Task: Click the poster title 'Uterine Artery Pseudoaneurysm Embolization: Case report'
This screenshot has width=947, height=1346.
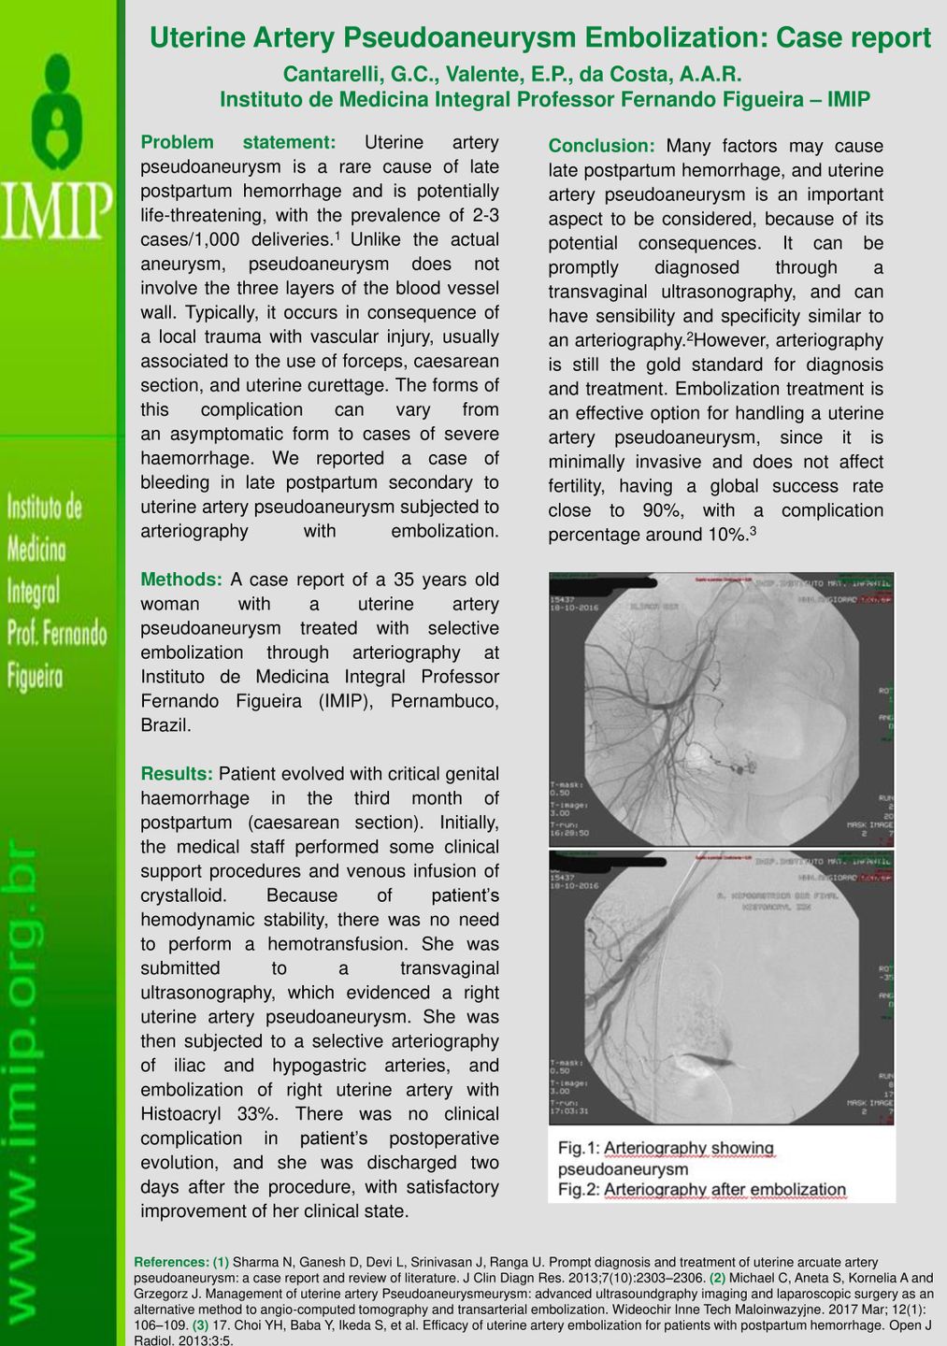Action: click(539, 37)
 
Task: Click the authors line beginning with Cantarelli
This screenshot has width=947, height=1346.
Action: click(512, 74)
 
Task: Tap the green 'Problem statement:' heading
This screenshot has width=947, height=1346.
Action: click(237, 142)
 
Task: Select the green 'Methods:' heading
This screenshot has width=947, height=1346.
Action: click(180, 580)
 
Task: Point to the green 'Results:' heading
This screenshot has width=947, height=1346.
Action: click(177, 774)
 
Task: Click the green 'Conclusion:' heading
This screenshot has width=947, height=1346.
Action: click(602, 146)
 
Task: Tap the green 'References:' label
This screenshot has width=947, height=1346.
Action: click(172, 1262)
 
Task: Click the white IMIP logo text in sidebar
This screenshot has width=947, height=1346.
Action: click(57, 210)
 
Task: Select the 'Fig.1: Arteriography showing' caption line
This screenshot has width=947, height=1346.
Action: click(666, 1148)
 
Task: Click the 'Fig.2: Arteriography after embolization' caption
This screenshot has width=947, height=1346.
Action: click(701, 1190)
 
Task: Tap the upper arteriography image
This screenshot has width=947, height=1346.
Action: click(721, 709)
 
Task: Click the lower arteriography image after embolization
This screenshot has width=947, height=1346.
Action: click(721, 986)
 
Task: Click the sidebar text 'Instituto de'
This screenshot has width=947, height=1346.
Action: click(45, 508)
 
